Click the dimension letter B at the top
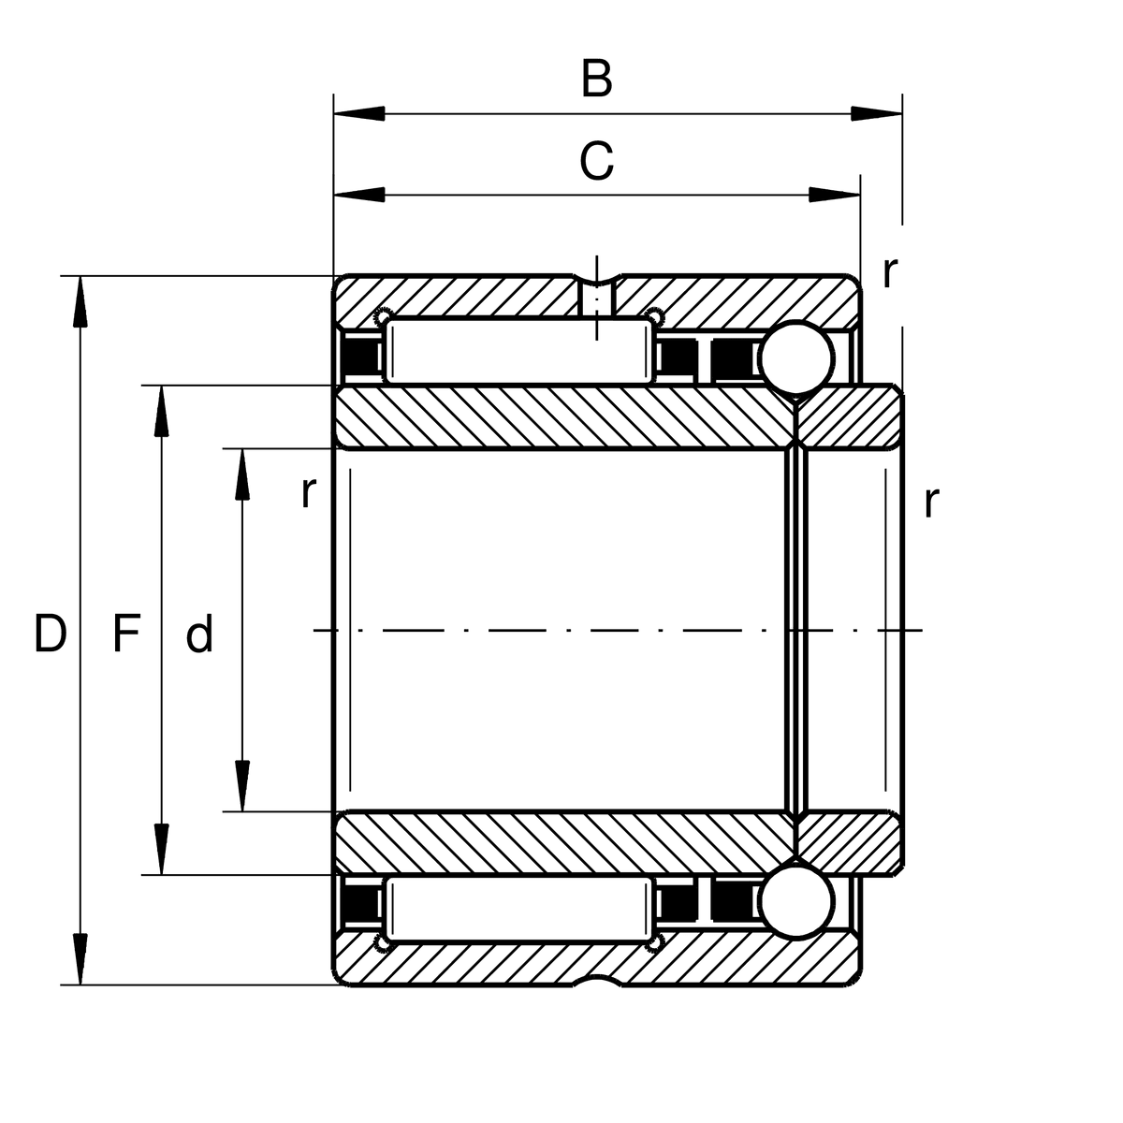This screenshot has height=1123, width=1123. tap(596, 78)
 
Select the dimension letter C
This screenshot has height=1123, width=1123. tap(596, 160)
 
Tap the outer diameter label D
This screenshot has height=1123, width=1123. tap(51, 633)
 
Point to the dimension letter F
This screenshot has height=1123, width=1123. tap(126, 633)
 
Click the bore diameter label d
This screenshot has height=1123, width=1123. tap(199, 633)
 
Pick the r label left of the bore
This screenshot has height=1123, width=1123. tap(308, 492)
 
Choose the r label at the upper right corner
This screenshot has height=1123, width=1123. tap(889, 272)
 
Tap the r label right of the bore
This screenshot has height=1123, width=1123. tap(931, 502)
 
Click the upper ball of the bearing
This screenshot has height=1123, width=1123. tap(796, 357)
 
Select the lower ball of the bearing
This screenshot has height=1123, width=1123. tap(796, 901)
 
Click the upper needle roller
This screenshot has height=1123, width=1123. tap(519, 352)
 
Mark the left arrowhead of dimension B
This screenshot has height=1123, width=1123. tap(359, 113)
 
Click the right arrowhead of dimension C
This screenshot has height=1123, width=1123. tap(835, 195)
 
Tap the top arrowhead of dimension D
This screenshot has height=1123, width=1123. tap(80, 301)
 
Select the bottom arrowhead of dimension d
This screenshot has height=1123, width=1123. tap(242, 786)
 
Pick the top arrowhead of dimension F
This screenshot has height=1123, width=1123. tap(161, 411)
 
